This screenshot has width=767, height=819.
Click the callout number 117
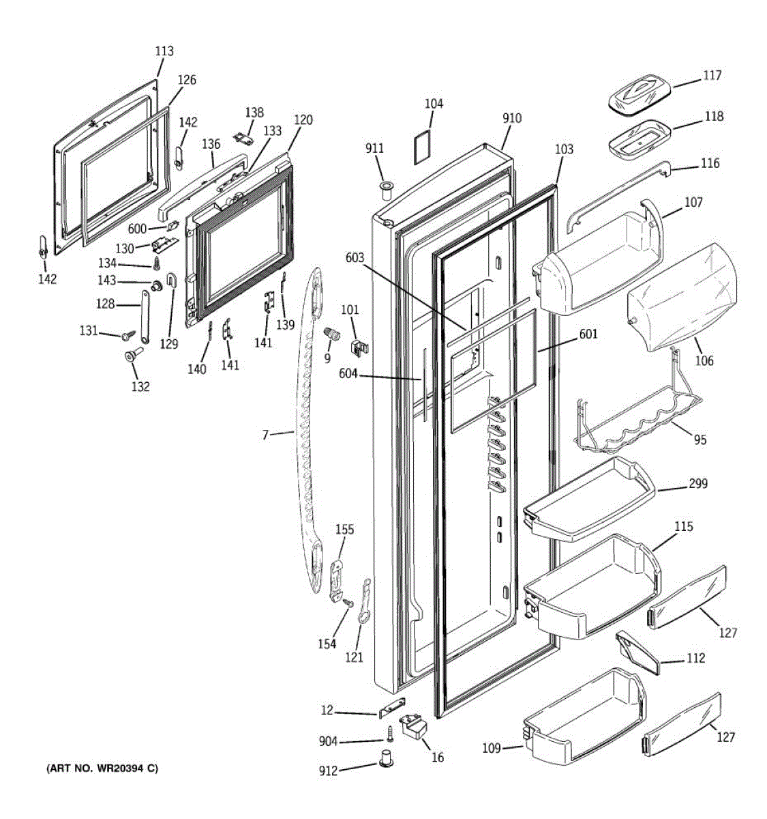(x=712, y=76)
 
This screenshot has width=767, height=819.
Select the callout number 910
(x=512, y=118)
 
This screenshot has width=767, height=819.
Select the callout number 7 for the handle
(x=266, y=434)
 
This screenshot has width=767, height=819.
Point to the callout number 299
(x=697, y=484)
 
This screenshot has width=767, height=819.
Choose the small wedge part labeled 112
(x=637, y=652)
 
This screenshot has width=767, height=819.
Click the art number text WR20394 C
(x=102, y=768)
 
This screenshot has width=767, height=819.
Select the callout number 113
(x=164, y=51)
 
